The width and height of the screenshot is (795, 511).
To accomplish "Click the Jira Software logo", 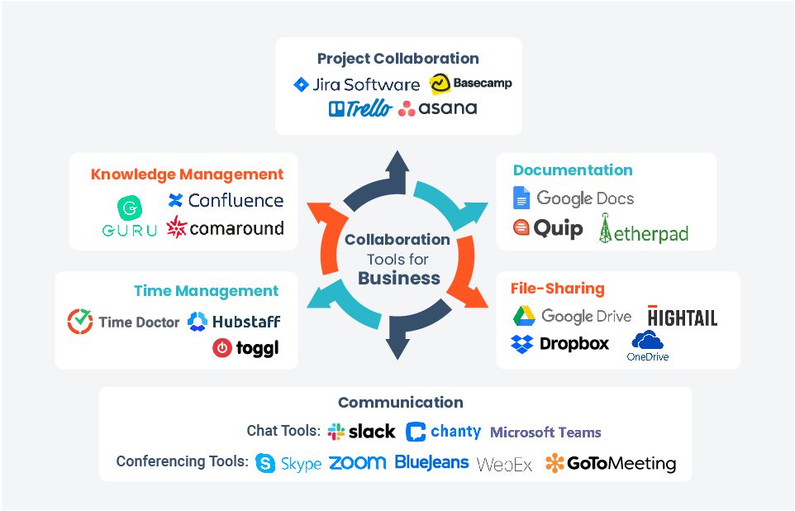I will click(x=357, y=84).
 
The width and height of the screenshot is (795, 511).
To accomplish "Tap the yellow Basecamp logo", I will click(x=470, y=84).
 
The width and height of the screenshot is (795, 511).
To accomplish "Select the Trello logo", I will click(x=359, y=108).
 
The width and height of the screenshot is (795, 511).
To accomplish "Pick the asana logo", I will click(x=437, y=108).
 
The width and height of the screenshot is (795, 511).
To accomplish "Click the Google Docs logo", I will click(x=574, y=198).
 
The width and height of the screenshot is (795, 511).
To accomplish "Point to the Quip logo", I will click(x=548, y=228).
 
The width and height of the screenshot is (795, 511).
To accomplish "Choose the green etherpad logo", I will click(x=643, y=231).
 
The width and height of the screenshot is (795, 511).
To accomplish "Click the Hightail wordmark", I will click(x=683, y=317).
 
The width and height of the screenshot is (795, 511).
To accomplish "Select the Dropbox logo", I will click(x=559, y=343).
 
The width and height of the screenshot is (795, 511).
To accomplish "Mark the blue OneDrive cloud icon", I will click(x=647, y=341).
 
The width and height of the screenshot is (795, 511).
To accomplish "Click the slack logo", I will click(x=361, y=432).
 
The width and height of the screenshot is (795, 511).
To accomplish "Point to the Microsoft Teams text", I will click(x=545, y=432).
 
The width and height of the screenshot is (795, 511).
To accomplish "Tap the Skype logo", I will click(x=288, y=464).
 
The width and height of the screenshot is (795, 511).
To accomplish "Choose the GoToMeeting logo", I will click(x=610, y=464).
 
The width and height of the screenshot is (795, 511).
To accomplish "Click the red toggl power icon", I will click(x=221, y=348).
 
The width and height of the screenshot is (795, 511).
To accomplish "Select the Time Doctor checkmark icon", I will click(x=80, y=322).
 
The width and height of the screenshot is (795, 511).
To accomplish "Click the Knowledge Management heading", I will click(x=187, y=174).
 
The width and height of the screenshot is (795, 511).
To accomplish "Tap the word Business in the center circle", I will click(x=398, y=279).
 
